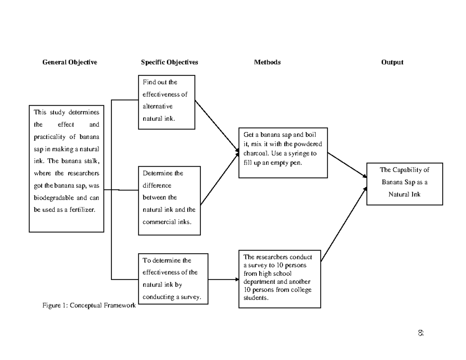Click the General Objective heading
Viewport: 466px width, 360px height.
point(70,62)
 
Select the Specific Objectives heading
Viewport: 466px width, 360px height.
point(169,62)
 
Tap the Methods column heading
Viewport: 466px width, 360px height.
point(267,62)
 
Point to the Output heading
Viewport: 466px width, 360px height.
point(392,62)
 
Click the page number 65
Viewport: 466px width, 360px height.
point(421,333)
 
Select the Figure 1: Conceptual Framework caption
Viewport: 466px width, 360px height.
point(89,306)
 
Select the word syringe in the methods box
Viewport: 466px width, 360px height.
point(299,153)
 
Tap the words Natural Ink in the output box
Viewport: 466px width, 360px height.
point(404,194)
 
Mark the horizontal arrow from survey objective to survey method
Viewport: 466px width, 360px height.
point(223,279)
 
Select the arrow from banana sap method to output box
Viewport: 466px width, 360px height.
point(347,165)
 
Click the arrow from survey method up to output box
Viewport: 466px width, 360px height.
point(343,225)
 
